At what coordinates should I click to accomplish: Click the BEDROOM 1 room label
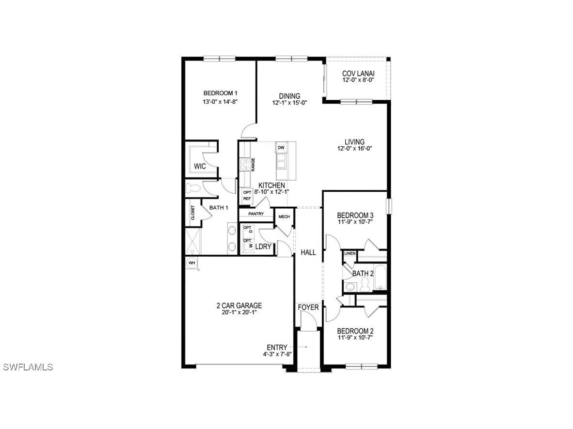[x=220, y=93]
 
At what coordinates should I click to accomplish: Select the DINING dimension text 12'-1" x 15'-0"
[x=289, y=102]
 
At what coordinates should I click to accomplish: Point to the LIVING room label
[x=354, y=142]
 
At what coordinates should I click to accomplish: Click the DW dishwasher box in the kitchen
[x=281, y=148]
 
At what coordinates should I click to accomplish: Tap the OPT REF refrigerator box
[x=247, y=196]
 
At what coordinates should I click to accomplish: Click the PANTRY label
[x=255, y=214]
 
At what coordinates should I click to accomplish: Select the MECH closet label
[x=284, y=216]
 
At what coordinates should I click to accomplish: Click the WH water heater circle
[x=192, y=262]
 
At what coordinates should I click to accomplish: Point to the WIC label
[x=200, y=166]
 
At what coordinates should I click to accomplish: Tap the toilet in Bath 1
[x=193, y=188]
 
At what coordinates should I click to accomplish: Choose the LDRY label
[x=263, y=246]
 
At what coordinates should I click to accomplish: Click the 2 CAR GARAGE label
[x=239, y=306]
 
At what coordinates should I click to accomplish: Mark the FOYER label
[x=308, y=307]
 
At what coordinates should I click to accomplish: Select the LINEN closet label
[x=350, y=254]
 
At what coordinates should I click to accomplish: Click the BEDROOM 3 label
[x=355, y=215]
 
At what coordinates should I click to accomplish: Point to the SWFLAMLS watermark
[x=28, y=367]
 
